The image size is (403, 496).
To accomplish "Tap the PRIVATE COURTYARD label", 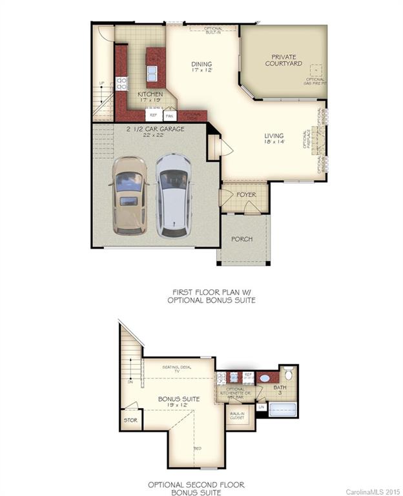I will coord(284,60).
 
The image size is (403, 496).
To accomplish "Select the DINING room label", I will coord(201,67).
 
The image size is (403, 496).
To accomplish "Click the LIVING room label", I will coord(274,139).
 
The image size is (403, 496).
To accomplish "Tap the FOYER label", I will coord(246,194).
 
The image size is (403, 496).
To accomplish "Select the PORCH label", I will coord(242,239).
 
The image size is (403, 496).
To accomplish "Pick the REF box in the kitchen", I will coord(153,115).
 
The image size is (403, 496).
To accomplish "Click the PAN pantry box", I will coord(169,116).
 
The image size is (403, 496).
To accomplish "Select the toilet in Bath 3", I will coord(288,373).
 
